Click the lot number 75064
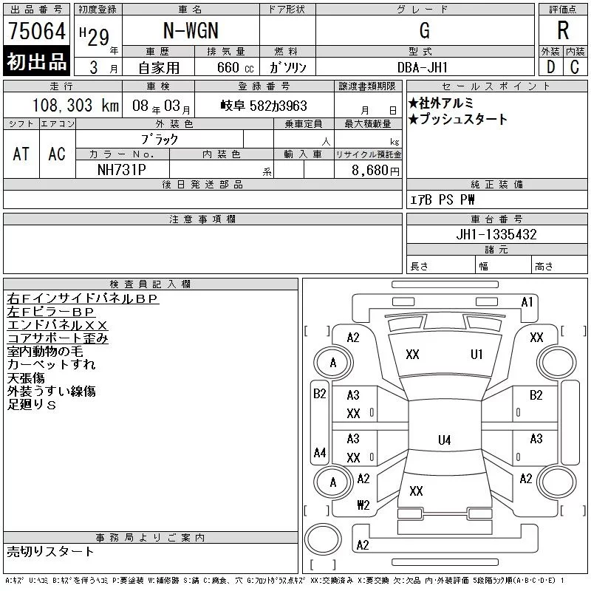tap(37, 32)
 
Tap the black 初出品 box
tap(37, 62)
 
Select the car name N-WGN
tap(191, 31)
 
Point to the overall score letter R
tap(563, 31)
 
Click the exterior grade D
tap(550, 67)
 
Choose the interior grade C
tap(575, 67)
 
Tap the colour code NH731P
tap(123, 169)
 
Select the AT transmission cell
tap(21, 154)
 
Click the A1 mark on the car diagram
tap(527, 301)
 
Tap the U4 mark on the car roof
tap(444, 440)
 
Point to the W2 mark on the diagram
tap(363, 505)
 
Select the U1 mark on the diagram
tap(476, 355)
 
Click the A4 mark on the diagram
tap(320, 452)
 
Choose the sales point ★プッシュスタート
tap(458, 120)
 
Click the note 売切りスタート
tap(50, 551)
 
